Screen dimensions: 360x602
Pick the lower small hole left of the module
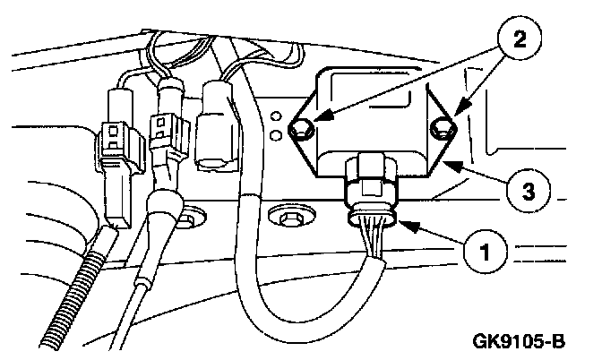tap(277, 134)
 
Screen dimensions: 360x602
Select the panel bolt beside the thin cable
tap(188, 218)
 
